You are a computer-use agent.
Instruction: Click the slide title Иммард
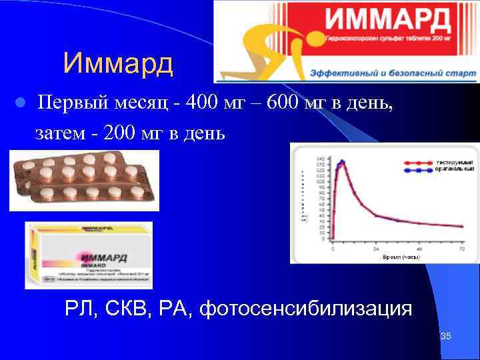[118, 64]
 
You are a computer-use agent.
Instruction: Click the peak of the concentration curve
[341, 161]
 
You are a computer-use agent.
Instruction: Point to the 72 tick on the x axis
[463, 248]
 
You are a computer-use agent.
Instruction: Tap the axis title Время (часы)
[400, 256]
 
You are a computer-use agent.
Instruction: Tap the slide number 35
[446, 336]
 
